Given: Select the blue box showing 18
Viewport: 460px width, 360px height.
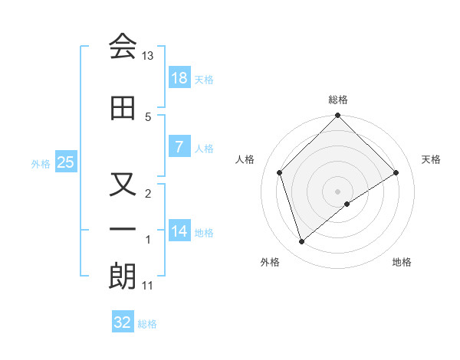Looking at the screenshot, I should (179, 78).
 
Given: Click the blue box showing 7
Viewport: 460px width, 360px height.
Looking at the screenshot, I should (179, 147).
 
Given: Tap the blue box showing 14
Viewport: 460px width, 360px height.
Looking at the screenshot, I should (179, 231).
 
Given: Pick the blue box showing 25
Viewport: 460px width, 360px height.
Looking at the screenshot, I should (65, 162).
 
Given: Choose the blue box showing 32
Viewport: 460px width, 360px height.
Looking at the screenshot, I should (123, 322).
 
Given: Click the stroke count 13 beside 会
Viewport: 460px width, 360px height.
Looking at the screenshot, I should (148, 56).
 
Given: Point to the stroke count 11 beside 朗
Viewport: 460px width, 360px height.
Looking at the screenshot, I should (148, 286).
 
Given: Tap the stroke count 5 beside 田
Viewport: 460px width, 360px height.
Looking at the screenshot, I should (148, 116).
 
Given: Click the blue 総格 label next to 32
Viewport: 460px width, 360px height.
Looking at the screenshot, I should (147, 324).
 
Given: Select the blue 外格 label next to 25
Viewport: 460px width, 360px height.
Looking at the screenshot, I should (41, 163).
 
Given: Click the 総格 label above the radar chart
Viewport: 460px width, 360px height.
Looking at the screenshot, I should (338, 100).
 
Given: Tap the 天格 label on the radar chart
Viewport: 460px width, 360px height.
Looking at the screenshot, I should (432, 159).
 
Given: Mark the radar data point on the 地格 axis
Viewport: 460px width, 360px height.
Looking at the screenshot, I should (347, 204).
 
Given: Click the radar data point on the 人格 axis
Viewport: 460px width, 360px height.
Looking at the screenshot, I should (280, 172).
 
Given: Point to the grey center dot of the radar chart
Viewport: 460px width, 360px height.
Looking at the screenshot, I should (337, 191).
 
